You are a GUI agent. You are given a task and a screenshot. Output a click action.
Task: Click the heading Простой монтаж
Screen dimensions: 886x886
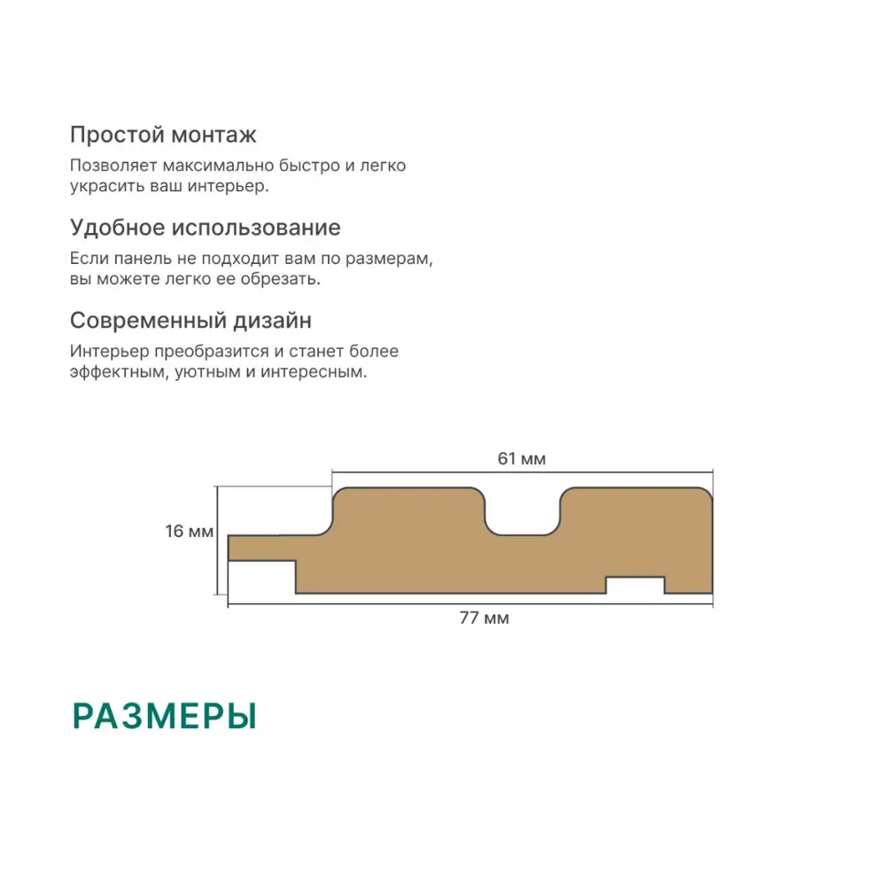click(x=163, y=135)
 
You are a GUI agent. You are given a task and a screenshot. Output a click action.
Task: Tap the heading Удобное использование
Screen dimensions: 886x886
click(x=206, y=228)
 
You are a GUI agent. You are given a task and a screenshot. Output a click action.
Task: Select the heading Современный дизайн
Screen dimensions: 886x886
click(x=190, y=321)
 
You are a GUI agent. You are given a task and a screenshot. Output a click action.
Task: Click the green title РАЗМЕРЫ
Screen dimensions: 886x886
click(x=165, y=716)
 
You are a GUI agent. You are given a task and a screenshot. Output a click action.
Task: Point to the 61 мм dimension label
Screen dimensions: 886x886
click(x=522, y=458)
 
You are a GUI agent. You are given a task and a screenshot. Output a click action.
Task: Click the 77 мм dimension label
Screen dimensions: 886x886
click(x=485, y=618)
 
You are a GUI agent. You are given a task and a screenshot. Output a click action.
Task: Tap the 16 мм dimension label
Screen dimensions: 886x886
click(x=190, y=531)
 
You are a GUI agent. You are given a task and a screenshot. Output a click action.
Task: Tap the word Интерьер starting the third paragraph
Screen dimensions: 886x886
click(x=110, y=352)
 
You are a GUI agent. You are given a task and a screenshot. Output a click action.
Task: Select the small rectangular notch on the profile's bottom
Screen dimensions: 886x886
click(x=635, y=585)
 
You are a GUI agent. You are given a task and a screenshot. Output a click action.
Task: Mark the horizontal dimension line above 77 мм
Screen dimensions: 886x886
click(x=470, y=604)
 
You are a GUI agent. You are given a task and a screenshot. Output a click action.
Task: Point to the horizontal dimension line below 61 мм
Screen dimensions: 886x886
click(x=522, y=471)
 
